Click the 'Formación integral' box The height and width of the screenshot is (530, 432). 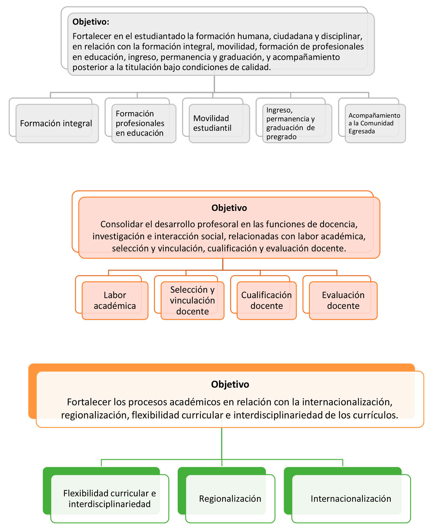(x=57, y=123)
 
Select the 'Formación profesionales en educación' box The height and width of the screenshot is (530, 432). (x=144, y=123)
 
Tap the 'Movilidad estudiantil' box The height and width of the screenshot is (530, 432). (x=219, y=123)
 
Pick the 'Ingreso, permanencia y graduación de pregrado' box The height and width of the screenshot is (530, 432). (x=297, y=123)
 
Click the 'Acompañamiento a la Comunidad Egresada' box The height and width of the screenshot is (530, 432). (x=375, y=123)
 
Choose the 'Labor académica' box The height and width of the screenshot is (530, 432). (x=115, y=300)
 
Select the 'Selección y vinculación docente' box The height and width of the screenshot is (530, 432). (x=192, y=300)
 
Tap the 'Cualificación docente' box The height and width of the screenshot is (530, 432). (x=266, y=300)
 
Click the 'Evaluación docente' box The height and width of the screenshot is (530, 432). (x=343, y=300)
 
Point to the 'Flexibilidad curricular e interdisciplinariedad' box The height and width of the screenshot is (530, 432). (x=109, y=498)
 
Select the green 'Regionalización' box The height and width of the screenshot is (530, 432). (x=230, y=498)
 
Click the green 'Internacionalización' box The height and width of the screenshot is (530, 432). (x=351, y=498)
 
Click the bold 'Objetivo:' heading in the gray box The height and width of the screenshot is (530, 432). (x=91, y=22)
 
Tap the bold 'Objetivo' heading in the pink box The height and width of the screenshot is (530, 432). (x=229, y=208)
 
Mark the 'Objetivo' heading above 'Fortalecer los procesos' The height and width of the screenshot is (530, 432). (x=230, y=384)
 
